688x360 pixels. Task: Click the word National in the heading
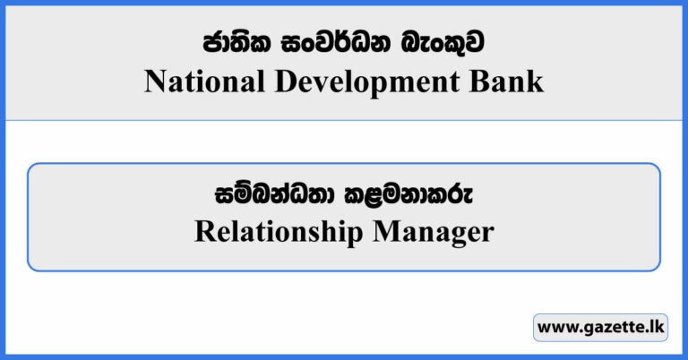(196, 82)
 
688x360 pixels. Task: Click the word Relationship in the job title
(276, 232)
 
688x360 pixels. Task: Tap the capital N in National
(154, 82)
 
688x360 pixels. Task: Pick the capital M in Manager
(383, 232)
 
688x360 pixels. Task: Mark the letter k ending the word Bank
(536, 82)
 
